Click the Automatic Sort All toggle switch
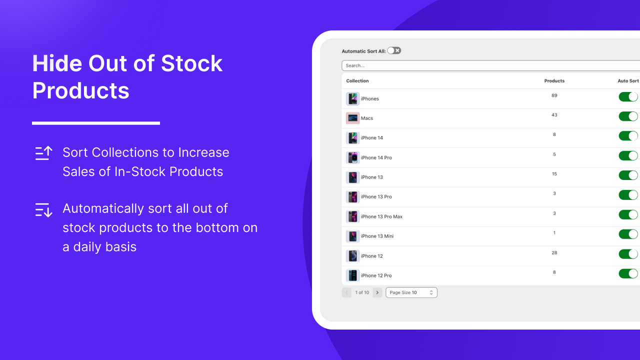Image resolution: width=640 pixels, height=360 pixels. pos(394,50)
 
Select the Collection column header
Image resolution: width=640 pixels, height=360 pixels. pos(357,81)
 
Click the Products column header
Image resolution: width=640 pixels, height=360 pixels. pos(554,81)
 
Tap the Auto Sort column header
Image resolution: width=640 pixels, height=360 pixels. pos(628,81)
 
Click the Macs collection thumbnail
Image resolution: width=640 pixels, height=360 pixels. pos(352,118)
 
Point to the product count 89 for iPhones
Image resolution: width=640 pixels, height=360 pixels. pos(554,95)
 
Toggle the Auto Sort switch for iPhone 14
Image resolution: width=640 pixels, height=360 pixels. pos(628,136)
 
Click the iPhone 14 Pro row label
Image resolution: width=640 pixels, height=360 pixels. pos(376,157)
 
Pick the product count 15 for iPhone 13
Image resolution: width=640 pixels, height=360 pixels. pos(554,174)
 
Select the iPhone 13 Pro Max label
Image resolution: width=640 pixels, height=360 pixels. pos(381,216)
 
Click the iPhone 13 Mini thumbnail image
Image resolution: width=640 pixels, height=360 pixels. pos(352,236)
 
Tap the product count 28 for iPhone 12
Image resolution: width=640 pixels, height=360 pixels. pos(554,253)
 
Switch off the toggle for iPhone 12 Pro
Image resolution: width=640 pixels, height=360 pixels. pos(628,273)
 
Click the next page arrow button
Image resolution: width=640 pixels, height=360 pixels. pos(377,292)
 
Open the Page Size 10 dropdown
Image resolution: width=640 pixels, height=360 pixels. pos(411,292)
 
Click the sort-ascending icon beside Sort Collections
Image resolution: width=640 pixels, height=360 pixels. pos(43,153)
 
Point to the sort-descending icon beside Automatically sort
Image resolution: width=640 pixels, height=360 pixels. pos(43,209)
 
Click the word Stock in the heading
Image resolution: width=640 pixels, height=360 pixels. pos(191,63)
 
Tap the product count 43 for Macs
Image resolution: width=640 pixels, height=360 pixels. pos(554,115)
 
